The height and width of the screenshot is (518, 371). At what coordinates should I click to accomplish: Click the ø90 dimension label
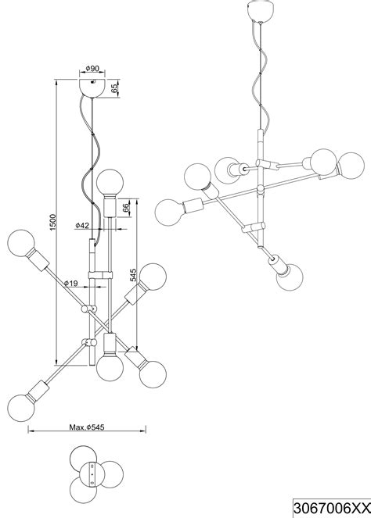(92, 69)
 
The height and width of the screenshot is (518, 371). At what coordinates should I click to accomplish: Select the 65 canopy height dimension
(114, 88)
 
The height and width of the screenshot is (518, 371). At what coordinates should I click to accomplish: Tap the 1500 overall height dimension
(53, 223)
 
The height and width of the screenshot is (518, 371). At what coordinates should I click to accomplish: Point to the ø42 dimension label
(82, 225)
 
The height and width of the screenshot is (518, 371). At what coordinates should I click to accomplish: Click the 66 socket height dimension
(126, 208)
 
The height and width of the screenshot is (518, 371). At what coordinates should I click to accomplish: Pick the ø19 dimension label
(70, 283)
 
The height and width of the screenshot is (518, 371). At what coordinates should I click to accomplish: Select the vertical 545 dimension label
(133, 275)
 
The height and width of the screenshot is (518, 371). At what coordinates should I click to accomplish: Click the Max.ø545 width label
(87, 427)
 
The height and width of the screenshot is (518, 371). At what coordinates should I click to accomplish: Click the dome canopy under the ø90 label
(92, 88)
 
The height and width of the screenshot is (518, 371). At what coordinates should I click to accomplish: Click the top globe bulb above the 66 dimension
(110, 183)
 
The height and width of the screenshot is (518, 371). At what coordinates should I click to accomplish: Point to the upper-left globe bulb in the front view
(21, 244)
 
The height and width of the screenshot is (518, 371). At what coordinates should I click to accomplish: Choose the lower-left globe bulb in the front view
(21, 408)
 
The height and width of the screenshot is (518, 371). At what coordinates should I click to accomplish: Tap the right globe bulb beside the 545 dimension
(153, 277)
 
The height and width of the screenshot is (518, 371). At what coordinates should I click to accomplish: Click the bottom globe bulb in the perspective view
(290, 277)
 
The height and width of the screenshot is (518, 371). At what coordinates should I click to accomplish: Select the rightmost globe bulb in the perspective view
(351, 166)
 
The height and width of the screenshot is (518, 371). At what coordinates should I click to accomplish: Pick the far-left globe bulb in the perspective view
(168, 212)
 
